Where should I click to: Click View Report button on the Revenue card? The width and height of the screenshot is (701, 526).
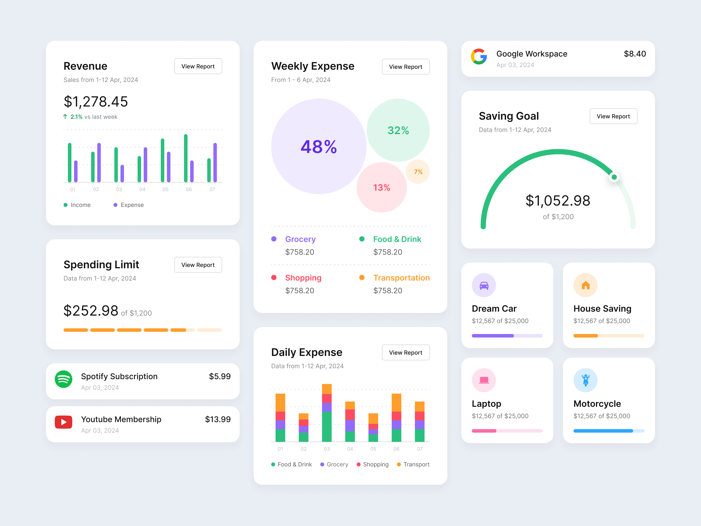pos(198,66)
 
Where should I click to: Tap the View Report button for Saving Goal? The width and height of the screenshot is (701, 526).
pos(613,116)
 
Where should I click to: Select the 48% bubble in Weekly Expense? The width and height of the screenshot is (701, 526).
pos(319,146)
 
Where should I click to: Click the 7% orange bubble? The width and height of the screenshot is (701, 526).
pos(418,172)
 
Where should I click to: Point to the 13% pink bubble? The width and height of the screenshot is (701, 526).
pos(382,188)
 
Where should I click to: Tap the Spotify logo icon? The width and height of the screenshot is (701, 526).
pos(63,379)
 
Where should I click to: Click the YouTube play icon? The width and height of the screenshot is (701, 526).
pos(63,422)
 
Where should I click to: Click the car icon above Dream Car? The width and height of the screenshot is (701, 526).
pos(484,285)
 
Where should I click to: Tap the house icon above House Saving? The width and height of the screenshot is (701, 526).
pos(585,285)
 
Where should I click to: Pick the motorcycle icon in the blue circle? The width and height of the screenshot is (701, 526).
pos(585,380)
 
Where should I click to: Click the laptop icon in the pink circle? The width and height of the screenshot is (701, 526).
pos(484,380)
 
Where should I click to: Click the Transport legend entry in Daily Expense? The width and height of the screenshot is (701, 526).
pos(413,464)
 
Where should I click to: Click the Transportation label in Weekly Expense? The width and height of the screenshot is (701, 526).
pos(401,278)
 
